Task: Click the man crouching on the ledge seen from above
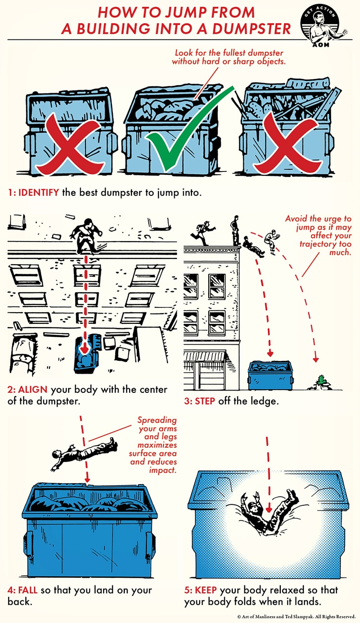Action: click(86, 235)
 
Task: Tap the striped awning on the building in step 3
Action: click(204, 356)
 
